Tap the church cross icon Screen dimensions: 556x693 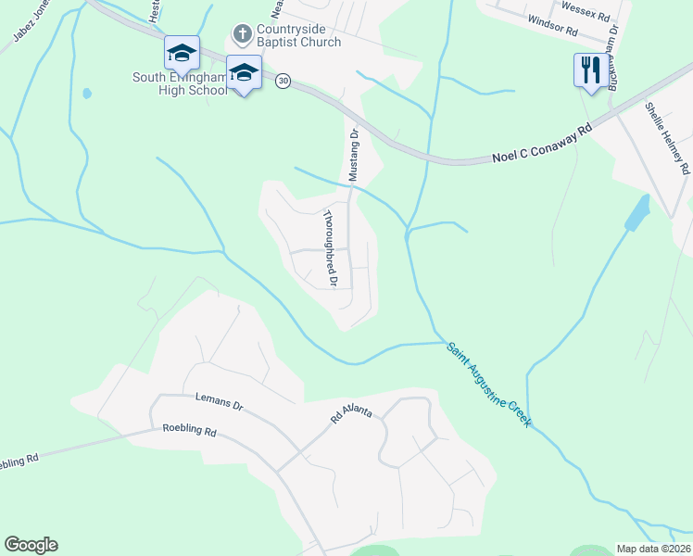pos(242,35)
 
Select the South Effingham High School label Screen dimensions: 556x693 pos(180,84)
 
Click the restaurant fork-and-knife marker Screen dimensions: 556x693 pos(589,69)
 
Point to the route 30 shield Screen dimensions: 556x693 pos(282,82)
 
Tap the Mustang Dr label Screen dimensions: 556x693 pos(353,154)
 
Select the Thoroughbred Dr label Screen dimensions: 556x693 pos(330,246)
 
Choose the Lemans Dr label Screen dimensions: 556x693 pos(219,400)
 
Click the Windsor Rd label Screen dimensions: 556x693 pos(552,31)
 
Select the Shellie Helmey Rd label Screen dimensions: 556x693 pos(669,138)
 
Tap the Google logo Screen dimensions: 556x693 pos(31,545)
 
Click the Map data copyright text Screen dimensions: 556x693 pos(653,549)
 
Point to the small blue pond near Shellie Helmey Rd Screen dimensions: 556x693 pos(637,213)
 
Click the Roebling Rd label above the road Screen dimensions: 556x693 pos(189,431)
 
